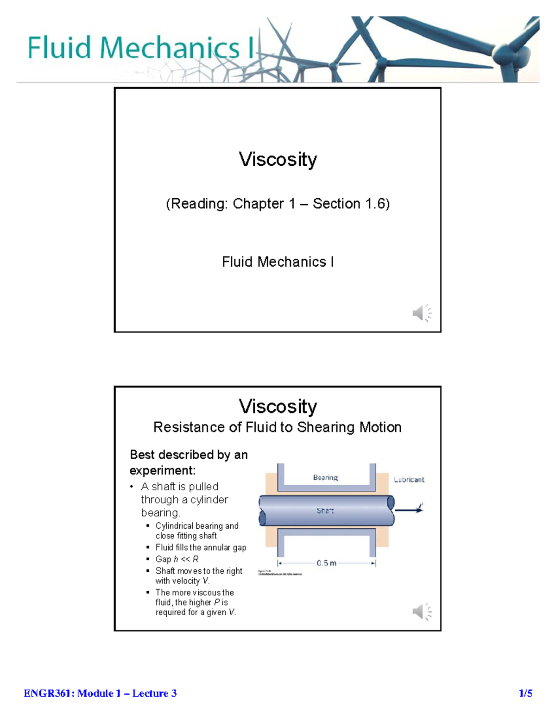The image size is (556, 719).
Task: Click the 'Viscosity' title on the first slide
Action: click(278, 159)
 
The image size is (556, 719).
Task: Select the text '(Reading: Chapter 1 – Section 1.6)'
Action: click(278, 204)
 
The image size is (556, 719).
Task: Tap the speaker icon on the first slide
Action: click(421, 313)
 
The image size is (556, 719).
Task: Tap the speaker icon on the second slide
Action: click(421, 612)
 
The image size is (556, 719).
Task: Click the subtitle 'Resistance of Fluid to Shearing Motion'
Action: click(277, 427)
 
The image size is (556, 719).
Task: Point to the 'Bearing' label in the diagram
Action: click(325, 477)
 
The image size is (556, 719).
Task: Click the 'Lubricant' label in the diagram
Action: click(409, 480)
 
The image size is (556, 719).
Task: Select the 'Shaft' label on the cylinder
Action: click(325, 511)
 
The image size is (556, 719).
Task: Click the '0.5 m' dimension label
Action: click(327, 563)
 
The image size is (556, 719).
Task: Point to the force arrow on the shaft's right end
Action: click(410, 510)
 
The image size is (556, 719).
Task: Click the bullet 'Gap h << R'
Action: click(177, 559)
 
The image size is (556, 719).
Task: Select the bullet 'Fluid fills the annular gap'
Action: click(201, 547)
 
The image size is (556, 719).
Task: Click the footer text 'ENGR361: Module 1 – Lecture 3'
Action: click(100, 693)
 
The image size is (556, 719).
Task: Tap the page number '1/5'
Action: click(525, 693)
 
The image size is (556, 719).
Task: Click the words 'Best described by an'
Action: click(189, 455)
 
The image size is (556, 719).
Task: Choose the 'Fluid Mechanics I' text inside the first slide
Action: click(278, 262)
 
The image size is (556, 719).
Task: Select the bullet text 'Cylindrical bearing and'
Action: click(197, 526)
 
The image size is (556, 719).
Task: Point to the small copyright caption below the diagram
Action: click(279, 573)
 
